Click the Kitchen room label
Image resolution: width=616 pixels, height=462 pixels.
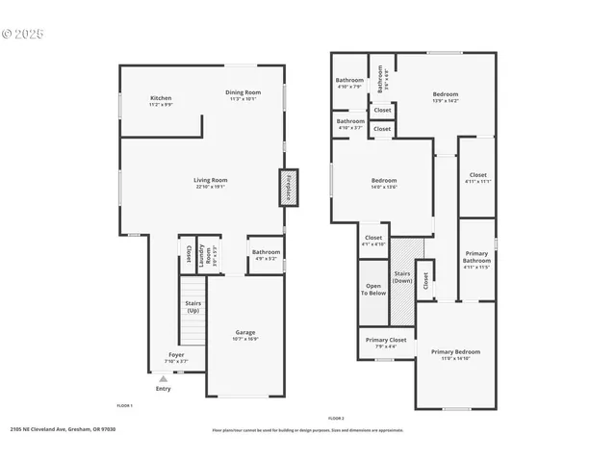[x=161, y=100]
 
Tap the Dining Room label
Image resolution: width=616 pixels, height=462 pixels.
[x=244, y=94]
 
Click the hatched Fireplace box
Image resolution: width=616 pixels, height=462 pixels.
[x=288, y=188]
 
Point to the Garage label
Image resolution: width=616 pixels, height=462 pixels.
[x=245, y=335]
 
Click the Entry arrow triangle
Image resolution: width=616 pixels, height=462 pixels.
[x=163, y=379]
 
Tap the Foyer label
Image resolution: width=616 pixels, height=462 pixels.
[x=176, y=357]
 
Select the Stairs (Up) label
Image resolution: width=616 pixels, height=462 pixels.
[x=192, y=307]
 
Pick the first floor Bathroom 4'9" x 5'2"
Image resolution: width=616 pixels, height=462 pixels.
[x=266, y=255]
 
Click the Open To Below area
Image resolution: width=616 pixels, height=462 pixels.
[x=372, y=289]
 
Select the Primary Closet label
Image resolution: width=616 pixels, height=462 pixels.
[x=385, y=343]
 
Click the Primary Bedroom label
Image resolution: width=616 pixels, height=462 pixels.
[x=455, y=354]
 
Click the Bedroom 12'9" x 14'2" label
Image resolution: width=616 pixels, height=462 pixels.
[x=445, y=96]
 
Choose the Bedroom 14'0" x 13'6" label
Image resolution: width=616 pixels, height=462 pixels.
[x=384, y=183]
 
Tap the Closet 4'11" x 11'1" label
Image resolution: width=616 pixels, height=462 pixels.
[x=477, y=177]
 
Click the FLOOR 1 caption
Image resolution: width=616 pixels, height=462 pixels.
[x=124, y=406]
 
